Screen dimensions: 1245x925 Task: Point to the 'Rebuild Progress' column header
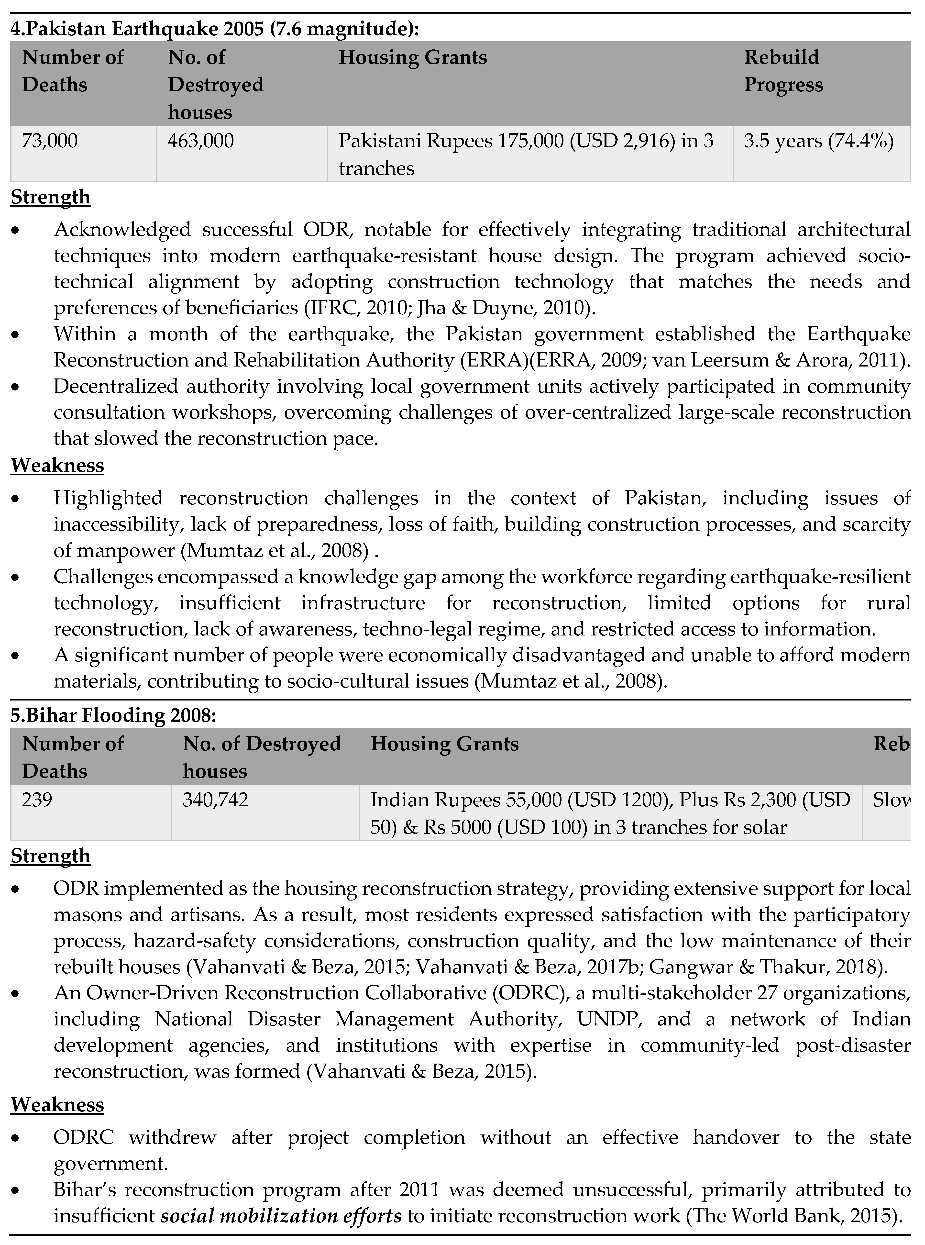pyautogui.click(x=783, y=71)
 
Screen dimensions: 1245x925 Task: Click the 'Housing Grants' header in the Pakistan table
pyautogui.click(x=413, y=58)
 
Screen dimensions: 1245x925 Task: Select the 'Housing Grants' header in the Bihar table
pyautogui.click(x=445, y=744)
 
